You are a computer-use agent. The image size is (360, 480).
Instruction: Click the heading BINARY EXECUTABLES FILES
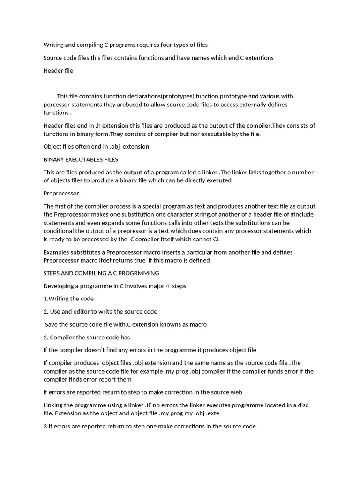point(81,159)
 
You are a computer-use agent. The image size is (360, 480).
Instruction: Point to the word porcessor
point(58,104)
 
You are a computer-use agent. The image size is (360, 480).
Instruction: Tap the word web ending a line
point(236,392)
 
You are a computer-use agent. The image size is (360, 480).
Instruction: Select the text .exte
point(212,413)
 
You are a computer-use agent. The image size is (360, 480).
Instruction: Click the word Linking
point(54,405)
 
